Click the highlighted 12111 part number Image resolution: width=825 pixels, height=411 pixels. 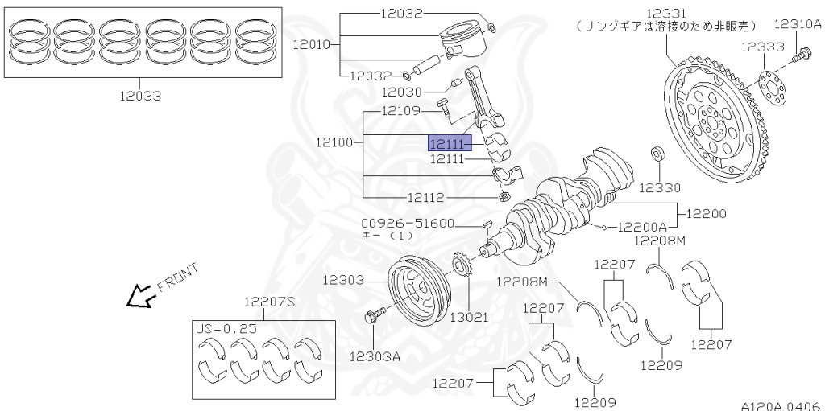tap(446, 144)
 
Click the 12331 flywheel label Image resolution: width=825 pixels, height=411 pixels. tap(666, 13)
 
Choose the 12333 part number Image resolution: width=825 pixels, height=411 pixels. tap(763, 47)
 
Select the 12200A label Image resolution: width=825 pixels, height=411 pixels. tap(643, 228)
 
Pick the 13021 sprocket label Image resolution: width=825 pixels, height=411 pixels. tap(469, 317)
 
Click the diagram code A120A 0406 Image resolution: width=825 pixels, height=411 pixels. tap(781, 405)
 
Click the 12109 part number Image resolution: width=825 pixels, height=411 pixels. tap(400, 110)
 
